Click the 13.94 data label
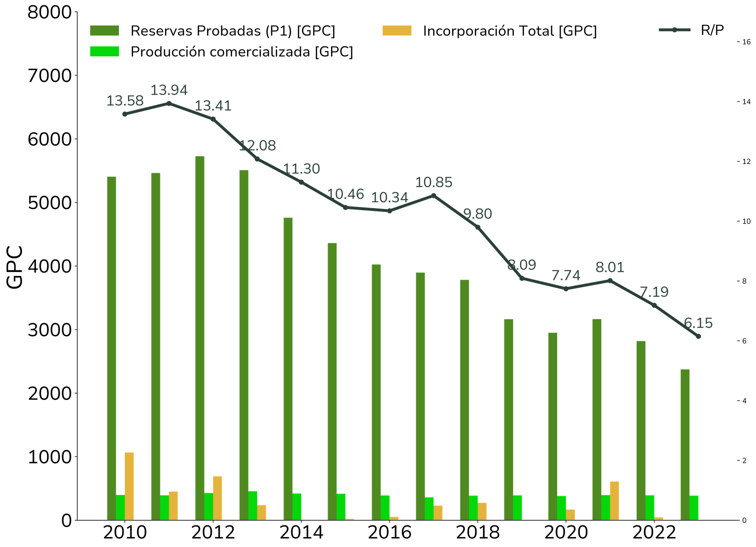pos(169,90)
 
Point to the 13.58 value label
pos(125,101)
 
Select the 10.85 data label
pos(434,182)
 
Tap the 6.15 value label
pos(699,323)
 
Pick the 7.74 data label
pos(566,275)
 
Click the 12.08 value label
pos(258,146)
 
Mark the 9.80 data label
pos(478,214)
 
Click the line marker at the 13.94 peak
pos(169,103)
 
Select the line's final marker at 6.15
pos(699,337)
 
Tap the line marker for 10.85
pos(434,195)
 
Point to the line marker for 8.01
pos(610,280)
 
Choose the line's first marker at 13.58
pos(125,114)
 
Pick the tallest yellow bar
pos(129,486)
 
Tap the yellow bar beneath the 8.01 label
pos(614,500)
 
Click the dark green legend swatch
pos(104,30)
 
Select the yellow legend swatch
pos(397,30)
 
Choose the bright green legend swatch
pos(104,52)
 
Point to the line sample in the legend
pos(674,30)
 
